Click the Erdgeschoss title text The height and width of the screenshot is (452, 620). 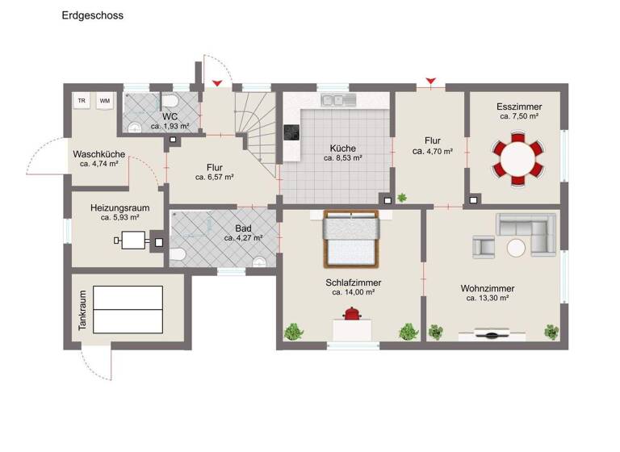click(x=93, y=15)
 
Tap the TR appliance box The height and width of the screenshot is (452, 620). click(x=82, y=101)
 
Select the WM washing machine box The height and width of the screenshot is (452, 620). click(x=104, y=101)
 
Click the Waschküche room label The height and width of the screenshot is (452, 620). click(x=98, y=154)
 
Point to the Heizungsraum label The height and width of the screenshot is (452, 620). click(x=120, y=207)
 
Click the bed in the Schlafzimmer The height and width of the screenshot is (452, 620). click(x=351, y=239)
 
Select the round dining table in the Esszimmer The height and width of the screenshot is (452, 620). click(x=516, y=159)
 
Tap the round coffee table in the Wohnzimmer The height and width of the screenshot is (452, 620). click(x=516, y=246)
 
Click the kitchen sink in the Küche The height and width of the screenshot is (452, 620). click(x=337, y=100)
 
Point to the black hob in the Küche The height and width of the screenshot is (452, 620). click(x=290, y=133)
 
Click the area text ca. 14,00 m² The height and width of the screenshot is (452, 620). click(x=353, y=292)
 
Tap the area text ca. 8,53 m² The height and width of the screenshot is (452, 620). click(x=342, y=158)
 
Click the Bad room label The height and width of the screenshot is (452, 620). click(x=242, y=228)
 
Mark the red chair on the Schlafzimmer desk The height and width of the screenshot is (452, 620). click(x=353, y=316)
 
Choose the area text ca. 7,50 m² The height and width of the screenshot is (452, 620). click(x=519, y=116)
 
